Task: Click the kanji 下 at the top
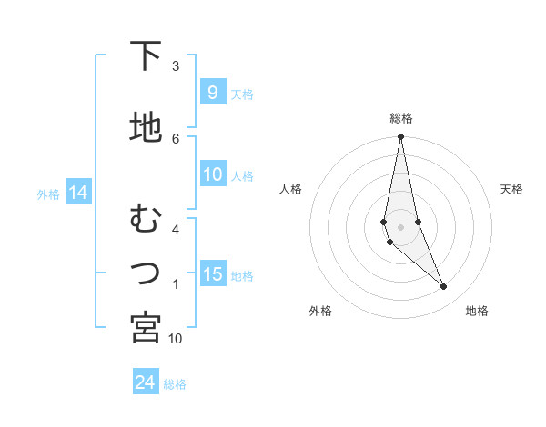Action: pos(146,56)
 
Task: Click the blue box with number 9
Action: pos(211,93)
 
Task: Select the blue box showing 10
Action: pos(213,174)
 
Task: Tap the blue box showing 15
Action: pos(213,274)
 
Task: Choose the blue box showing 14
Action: pos(77,193)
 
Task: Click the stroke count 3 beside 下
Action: pos(176,66)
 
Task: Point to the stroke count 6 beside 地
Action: pos(176,138)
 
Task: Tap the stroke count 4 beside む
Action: pos(176,229)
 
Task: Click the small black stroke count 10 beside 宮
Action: pos(176,339)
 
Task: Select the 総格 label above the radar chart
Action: pos(400,118)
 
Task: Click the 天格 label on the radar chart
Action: pos(511,189)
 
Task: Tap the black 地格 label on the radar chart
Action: pos(477,311)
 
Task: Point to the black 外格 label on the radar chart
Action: pos(320,311)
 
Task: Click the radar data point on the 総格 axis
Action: pos(400,137)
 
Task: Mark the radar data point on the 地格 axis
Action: pos(444,287)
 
